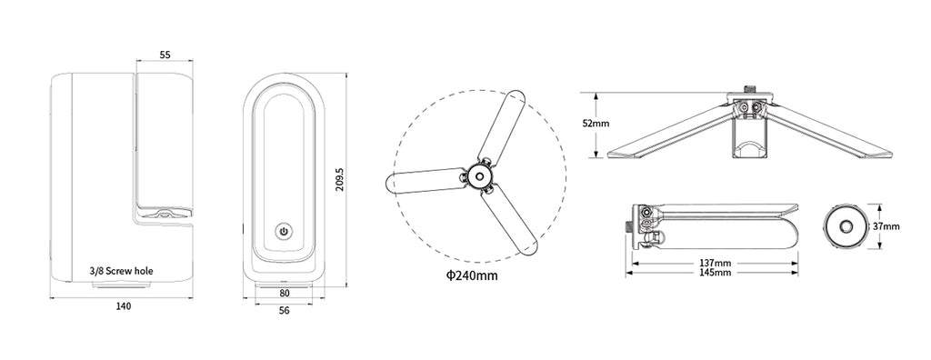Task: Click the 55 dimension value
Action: (165, 55)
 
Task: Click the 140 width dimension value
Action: (123, 306)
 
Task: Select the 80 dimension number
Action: (285, 293)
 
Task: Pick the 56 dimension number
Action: (285, 311)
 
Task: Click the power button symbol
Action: (284, 232)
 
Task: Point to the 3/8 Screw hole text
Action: (121, 271)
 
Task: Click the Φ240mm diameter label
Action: (472, 275)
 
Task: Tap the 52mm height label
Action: (596, 125)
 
